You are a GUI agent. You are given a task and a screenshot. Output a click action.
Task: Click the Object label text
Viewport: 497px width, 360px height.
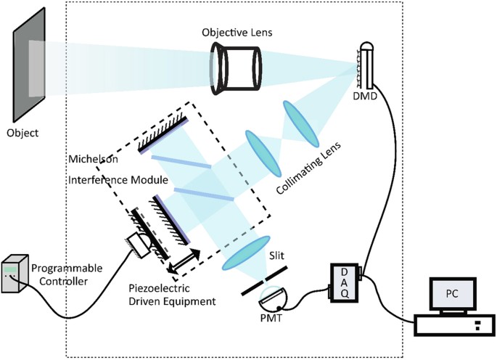[x=23, y=134]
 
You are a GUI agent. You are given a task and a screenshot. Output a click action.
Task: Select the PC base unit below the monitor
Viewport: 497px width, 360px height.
[x=449, y=324]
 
